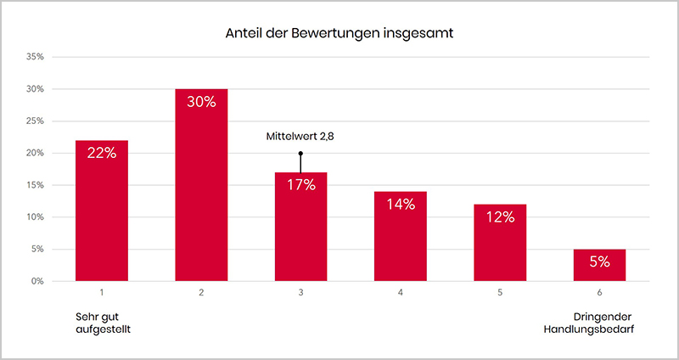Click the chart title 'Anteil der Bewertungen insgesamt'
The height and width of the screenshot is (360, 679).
pyautogui.click(x=339, y=34)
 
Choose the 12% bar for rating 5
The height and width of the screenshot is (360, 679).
pyautogui.click(x=501, y=243)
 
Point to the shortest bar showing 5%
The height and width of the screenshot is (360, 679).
pyautogui.click(x=600, y=265)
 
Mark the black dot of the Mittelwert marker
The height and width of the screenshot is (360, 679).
pyautogui.click(x=300, y=154)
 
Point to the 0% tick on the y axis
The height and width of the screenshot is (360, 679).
pyautogui.click(x=37, y=281)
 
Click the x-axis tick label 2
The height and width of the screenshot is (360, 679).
pyautogui.click(x=201, y=293)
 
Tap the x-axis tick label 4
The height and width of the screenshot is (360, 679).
pyautogui.click(x=401, y=293)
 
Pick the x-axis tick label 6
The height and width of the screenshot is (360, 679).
pyautogui.click(x=600, y=293)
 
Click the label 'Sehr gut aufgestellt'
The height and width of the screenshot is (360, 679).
pyautogui.click(x=102, y=323)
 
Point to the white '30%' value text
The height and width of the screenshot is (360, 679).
pyautogui.click(x=201, y=103)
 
